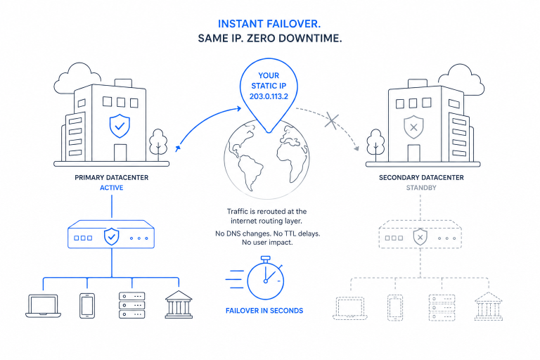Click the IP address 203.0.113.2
[x=269, y=96]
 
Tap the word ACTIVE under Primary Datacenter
[x=112, y=188]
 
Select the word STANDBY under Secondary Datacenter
[x=421, y=188]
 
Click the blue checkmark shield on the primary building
[x=120, y=126]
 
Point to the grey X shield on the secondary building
[x=413, y=127]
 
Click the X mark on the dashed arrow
[x=332, y=121]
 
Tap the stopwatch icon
[x=265, y=278]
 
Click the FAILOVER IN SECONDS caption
[x=264, y=311]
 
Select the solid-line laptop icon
[x=44, y=306]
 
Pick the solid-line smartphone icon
[x=87, y=306]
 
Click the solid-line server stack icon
[x=132, y=305]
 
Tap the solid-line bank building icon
[x=179, y=304]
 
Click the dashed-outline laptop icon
[x=350, y=309]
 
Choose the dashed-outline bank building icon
[x=489, y=307]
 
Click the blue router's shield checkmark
[x=112, y=237]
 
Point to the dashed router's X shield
[x=420, y=237]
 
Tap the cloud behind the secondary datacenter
[x=465, y=80]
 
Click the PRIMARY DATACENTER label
[x=112, y=178]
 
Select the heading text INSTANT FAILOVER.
[x=269, y=24]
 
